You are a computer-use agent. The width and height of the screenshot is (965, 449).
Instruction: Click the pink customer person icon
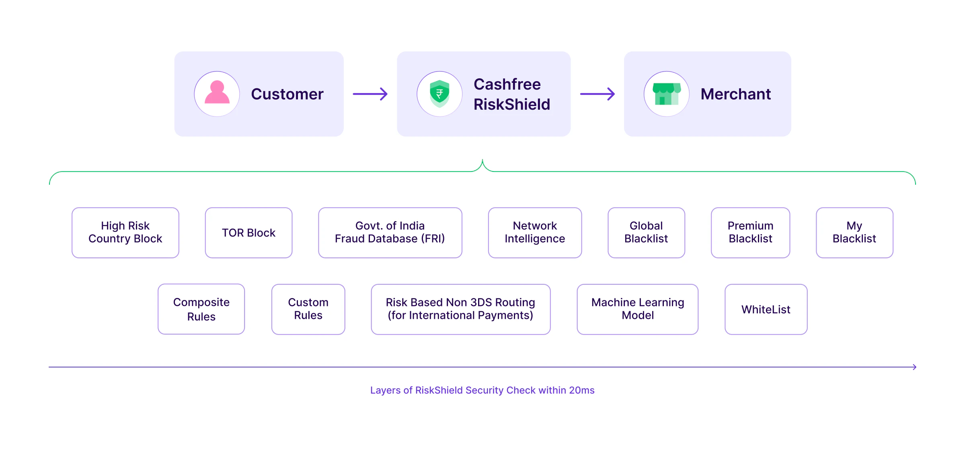tap(217, 94)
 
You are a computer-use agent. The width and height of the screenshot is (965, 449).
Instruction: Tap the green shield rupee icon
tap(439, 94)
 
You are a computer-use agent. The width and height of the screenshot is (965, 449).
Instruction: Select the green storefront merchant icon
tap(667, 94)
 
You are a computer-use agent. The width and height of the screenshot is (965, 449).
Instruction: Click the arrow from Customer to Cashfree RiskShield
tap(370, 94)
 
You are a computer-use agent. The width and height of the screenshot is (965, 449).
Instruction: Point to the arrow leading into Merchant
tap(597, 94)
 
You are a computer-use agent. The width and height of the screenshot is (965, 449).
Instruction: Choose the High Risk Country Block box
tap(125, 233)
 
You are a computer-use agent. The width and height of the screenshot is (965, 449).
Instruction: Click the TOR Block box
tap(248, 233)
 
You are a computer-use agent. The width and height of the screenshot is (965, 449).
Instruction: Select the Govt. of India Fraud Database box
tap(390, 233)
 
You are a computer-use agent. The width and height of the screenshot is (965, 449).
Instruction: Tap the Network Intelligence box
tap(535, 233)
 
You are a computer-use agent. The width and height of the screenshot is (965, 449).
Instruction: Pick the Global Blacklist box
tap(646, 233)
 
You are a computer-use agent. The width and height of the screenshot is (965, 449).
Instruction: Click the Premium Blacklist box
tap(750, 233)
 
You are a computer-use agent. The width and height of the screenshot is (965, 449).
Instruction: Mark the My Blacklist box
tap(854, 233)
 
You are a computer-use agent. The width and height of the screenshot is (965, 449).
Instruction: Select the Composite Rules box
tap(201, 309)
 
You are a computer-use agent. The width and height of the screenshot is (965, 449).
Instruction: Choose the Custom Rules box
tap(308, 309)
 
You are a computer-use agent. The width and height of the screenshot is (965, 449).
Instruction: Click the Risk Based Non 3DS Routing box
tap(460, 309)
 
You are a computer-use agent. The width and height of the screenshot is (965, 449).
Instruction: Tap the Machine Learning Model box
tap(638, 309)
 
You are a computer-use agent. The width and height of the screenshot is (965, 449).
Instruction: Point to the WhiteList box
tap(766, 309)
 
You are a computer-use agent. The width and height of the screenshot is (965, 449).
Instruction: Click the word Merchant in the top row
tap(735, 94)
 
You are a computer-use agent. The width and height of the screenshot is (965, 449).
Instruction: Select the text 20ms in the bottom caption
tap(581, 390)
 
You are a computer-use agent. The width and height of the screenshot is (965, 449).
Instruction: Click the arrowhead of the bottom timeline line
tap(914, 367)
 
